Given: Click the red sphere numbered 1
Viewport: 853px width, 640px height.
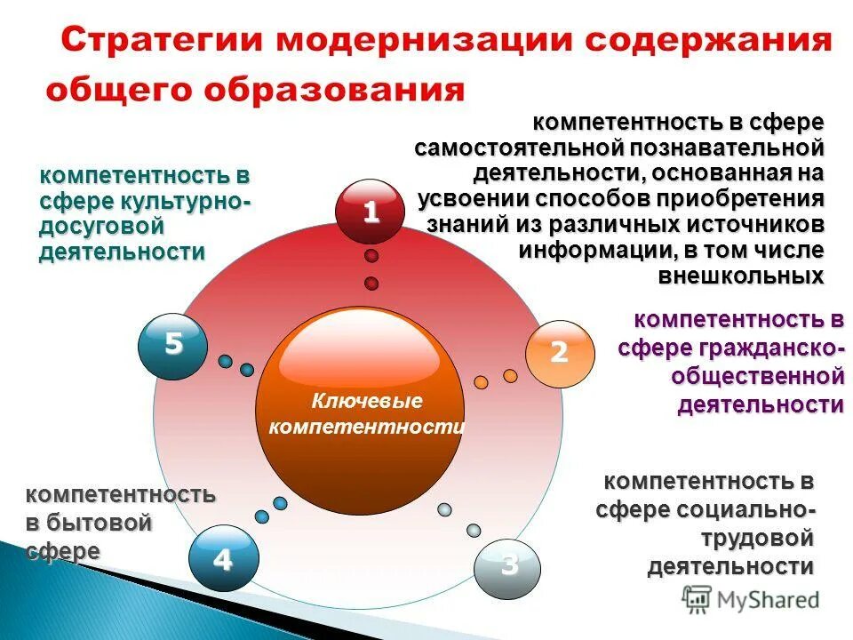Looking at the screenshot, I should [x=370, y=212].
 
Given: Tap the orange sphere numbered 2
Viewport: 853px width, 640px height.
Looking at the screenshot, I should [x=558, y=353].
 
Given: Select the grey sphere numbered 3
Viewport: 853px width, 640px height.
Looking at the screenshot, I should [x=507, y=565].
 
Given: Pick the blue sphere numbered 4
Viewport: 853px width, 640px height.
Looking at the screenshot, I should [x=222, y=560].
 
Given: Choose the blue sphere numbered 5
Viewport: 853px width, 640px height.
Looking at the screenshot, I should [x=172, y=343].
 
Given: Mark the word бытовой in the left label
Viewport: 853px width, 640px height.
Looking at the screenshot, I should [x=100, y=523].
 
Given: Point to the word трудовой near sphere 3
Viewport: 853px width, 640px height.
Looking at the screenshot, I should [x=757, y=538].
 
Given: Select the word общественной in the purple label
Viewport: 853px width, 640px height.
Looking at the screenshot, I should [x=757, y=376].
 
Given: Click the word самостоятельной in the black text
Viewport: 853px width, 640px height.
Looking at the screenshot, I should [x=525, y=147].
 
